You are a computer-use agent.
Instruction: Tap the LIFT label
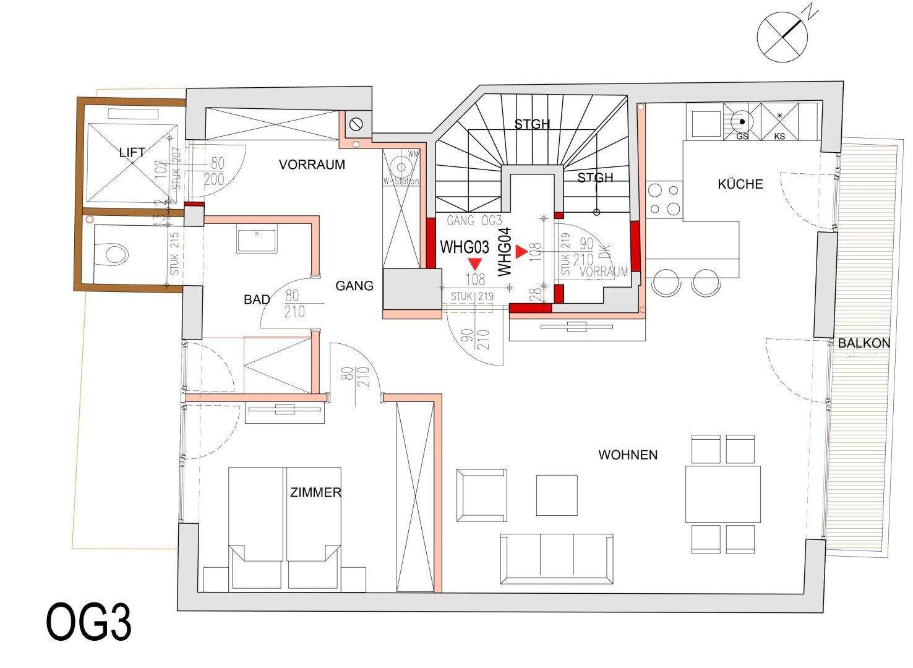tap(132, 152)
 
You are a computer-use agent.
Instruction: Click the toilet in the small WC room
tap(114, 253)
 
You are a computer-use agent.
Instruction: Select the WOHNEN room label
tap(628, 455)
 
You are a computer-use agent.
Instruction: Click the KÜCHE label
tap(740, 184)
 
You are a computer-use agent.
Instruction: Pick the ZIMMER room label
tap(315, 493)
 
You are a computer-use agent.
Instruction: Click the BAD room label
tap(257, 300)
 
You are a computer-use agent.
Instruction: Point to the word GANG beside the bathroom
tap(354, 286)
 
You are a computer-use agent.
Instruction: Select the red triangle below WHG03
tap(474, 262)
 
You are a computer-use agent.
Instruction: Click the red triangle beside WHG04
tap(521, 252)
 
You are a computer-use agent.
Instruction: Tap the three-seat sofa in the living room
tap(557, 559)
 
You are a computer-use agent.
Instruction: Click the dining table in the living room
tap(722, 494)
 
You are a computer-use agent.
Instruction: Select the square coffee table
tap(557, 495)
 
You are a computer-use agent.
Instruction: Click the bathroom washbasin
tap(257, 240)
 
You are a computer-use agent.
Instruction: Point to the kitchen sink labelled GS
tap(741, 121)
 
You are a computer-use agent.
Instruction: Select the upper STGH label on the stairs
tap(532, 124)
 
